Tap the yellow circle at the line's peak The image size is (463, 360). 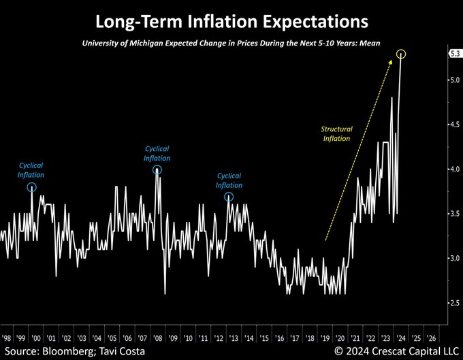[x=403, y=54]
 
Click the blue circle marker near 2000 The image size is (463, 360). [x=31, y=187]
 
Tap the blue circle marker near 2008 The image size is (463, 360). [x=157, y=170]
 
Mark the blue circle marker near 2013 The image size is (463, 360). [x=229, y=197]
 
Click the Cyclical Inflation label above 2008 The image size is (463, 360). [x=157, y=153]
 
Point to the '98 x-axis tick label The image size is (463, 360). [x=6, y=336]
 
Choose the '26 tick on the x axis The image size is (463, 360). [x=430, y=336]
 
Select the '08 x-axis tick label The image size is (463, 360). [x=157, y=336]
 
